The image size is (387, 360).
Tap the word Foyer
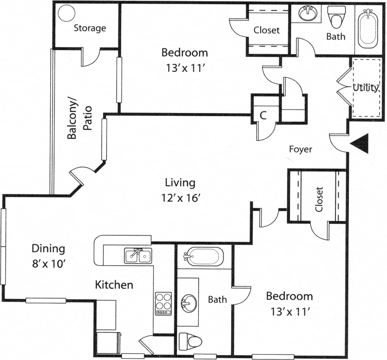tap(301, 149)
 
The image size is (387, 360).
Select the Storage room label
tap(90, 28)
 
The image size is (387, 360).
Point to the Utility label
tap(365, 87)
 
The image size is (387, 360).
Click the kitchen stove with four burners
tap(164, 303)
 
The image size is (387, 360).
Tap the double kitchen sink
tap(138, 256)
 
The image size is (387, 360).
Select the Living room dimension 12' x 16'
tap(181, 198)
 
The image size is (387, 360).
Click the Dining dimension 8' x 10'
tap(49, 264)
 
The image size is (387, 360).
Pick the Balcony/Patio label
tap(79, 118)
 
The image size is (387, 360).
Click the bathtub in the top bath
tap(367, 28)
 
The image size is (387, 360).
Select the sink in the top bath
tap(307, 13)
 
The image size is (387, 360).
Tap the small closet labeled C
tap(263, 115)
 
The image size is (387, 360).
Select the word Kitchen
tap(114, 285)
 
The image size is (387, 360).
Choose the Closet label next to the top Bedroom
tap(266, 30)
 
